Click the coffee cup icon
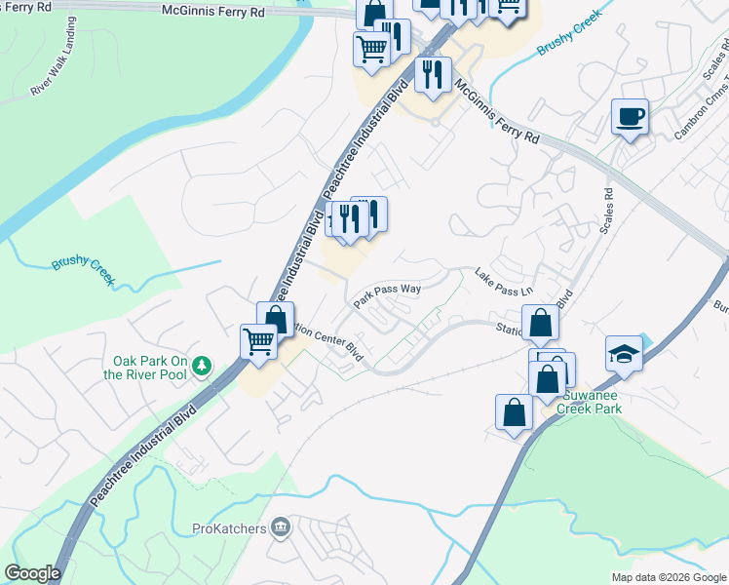pos(630,118)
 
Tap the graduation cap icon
pos(624,354)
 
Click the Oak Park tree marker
pos(202,366)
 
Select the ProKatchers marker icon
pos(282,527)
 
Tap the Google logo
pos(32,573)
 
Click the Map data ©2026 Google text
pos(669,577)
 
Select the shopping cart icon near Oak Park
pos(258,343)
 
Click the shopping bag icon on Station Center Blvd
pos(540,323)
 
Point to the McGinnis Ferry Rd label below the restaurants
pos(497,113)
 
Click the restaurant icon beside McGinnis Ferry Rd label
pos(431,75)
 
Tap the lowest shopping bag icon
pos(514,413)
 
